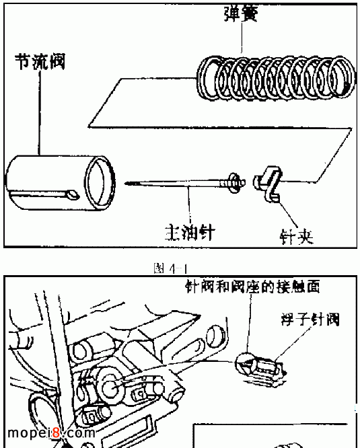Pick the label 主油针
click(x=190, y=232)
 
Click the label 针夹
click(x=296, y=237)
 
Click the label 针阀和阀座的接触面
click(x=252, y=287)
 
